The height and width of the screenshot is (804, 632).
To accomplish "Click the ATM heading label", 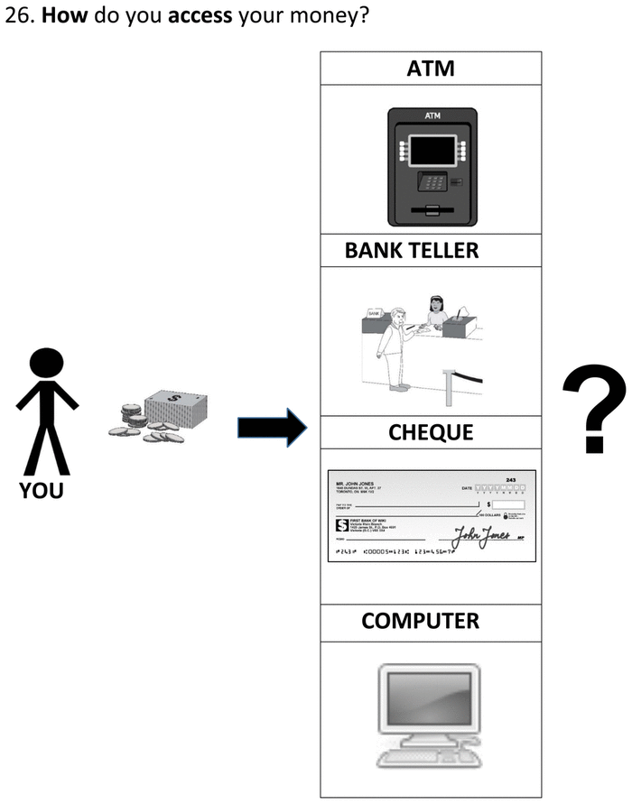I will (431, 68).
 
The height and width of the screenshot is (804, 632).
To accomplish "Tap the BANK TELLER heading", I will (412, 250).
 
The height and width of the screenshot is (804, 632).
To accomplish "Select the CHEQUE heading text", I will (431, 432).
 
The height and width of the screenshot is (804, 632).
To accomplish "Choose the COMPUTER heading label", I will (420, 621).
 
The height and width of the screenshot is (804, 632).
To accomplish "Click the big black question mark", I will (593, 411).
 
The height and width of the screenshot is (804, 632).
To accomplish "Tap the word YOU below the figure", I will (40, 492).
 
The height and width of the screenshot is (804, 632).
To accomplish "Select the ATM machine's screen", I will (431, 149).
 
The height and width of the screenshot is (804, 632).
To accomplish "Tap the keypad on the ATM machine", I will (432, 181).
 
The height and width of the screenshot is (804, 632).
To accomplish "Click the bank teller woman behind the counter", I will (437, 311).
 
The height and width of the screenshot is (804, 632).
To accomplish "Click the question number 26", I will (18, 17).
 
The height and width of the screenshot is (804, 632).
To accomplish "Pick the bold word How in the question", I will (58, 17).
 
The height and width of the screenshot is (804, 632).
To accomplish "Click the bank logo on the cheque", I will (342, 524).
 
